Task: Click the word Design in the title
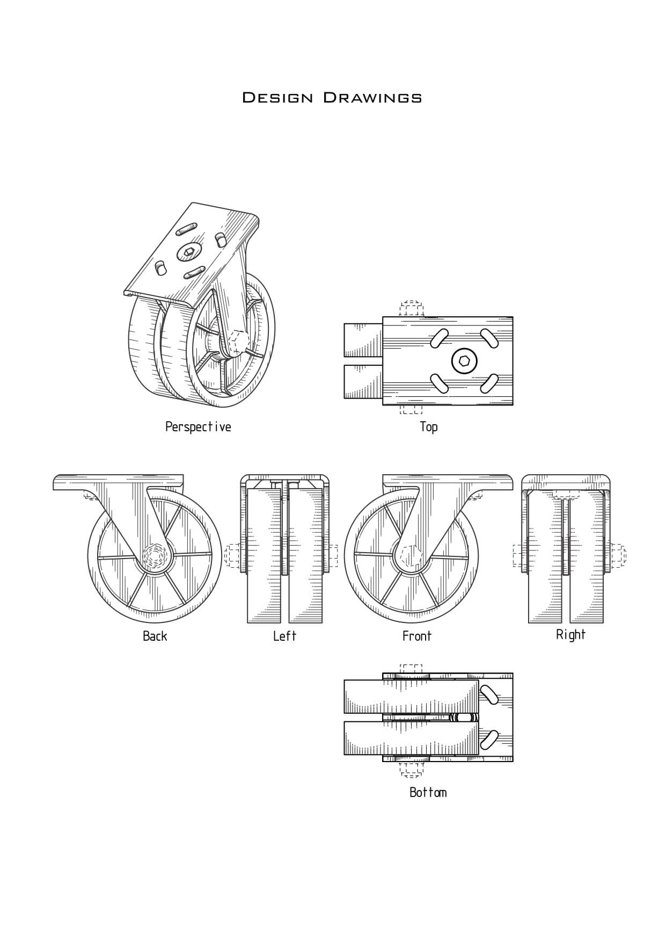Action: (277, 97)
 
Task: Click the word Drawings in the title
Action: (372, 97)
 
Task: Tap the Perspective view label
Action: (198, 427)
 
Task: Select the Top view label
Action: (428, 427)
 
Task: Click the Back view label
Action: (155, 636)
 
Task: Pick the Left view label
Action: (284, 636)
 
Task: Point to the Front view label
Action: (416, 636)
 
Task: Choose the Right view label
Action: (570, 635)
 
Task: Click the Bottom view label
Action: (428, 793)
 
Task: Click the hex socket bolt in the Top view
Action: (464, 361)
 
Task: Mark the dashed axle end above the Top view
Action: (412, 309)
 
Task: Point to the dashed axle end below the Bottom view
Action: (411, 769)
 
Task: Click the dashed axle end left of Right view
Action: (519, 555)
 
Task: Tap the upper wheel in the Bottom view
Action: (411, 697)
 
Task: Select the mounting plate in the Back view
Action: (118, 482)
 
